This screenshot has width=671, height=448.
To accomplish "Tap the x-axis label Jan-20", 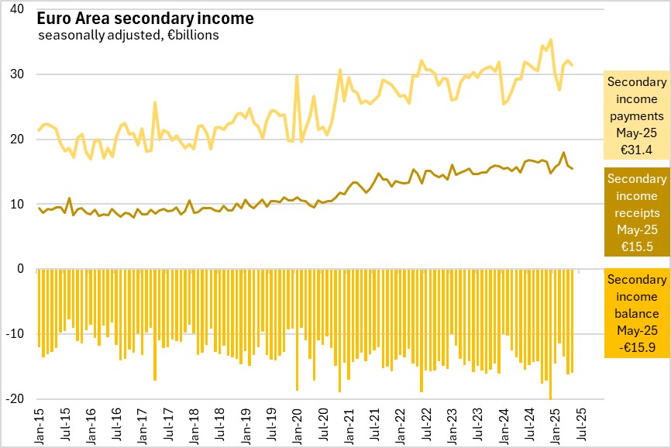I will click(297, 427).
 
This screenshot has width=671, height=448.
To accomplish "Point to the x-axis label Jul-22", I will click(425, 427).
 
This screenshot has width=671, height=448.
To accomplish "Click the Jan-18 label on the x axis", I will click(194, 427).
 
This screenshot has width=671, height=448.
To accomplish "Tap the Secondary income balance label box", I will click(636, 314).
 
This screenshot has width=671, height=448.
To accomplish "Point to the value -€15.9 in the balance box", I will click(636, 348).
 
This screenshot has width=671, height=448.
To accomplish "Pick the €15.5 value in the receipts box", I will click(636, 247).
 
